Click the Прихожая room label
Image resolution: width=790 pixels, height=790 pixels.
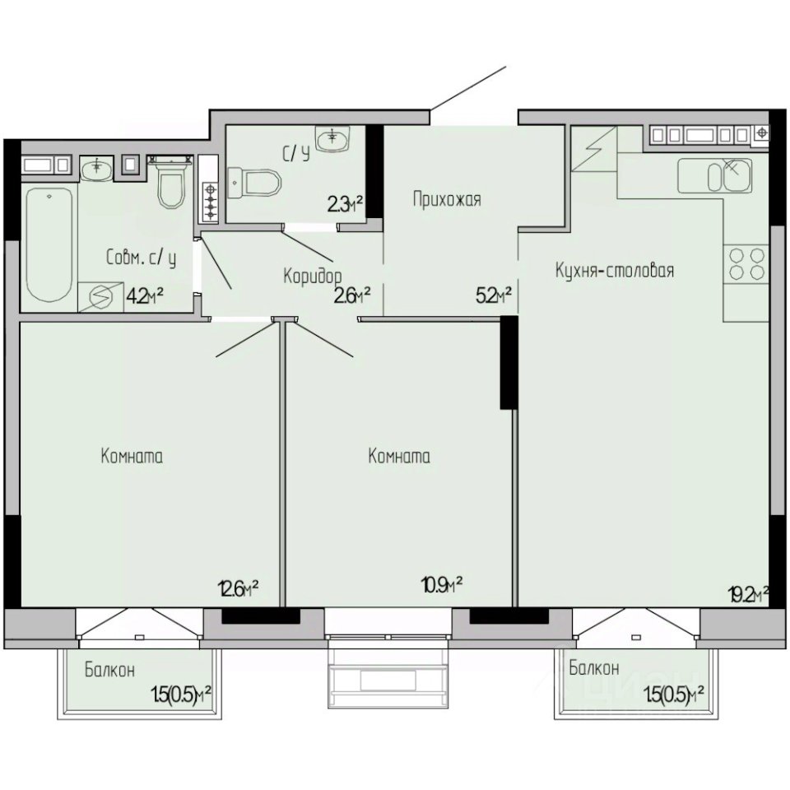[x=447, y=199]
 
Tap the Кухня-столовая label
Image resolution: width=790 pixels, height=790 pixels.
[x=615, y=271]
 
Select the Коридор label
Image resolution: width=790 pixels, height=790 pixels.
[x=313, y=276]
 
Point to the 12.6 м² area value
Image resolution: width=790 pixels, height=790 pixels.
[x=239, y=588]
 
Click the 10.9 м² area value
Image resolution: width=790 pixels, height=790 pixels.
[x=442, y=585]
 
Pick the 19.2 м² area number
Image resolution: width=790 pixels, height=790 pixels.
[x=748, y=594]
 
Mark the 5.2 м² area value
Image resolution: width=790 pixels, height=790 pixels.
[x=494, y=296]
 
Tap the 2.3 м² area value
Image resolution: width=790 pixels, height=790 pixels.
[x=345, y=205]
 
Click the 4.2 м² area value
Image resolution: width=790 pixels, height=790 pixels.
[x=145, y=295]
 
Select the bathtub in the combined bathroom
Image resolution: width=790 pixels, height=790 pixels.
[x=49, y=245]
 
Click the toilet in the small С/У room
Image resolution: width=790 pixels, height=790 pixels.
[x=254, y=183]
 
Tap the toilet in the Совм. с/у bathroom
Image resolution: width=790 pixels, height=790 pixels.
[x=170, y=183]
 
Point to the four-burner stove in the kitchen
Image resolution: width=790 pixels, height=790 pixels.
[x=746, y=264]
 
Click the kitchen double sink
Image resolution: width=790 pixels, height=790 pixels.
[x=715, y=176]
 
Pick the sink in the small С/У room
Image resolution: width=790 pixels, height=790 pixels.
[x=332, y=138]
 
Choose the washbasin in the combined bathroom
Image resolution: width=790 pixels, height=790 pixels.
[x=97, y=169]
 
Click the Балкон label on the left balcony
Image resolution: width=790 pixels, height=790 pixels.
[x=109, y=670]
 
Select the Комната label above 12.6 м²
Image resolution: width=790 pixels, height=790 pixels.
[x=132, y=457]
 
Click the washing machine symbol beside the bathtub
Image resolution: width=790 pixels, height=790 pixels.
[x=100, y=297]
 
